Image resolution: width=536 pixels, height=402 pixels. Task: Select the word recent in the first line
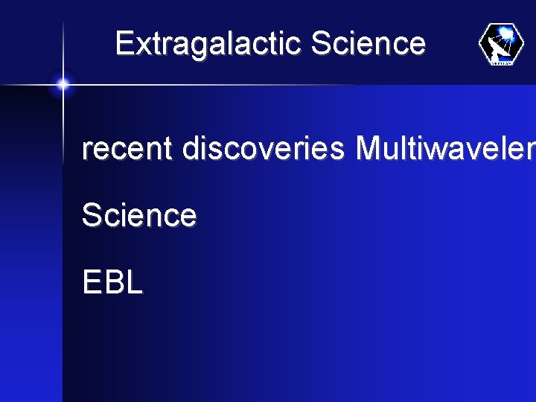pos(127,149)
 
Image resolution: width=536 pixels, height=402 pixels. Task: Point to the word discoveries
pos(264,149)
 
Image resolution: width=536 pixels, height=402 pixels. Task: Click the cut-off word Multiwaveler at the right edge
pos(445,149)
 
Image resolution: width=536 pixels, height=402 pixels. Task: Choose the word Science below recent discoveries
pos(139,215)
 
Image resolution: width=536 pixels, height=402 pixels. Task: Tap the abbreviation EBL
pos(112,283)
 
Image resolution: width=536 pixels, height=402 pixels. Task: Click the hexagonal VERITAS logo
pos(501,44)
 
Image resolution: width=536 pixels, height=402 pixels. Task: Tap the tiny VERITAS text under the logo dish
pos(502,63)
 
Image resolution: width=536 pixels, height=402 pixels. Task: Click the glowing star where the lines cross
pos(63,85)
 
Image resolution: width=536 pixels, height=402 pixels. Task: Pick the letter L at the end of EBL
pos(134,283)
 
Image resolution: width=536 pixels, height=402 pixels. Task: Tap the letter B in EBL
pos(112,283)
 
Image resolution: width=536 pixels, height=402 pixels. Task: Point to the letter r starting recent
pos(86,150)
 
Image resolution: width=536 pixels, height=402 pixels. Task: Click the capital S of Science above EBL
pos(92,215)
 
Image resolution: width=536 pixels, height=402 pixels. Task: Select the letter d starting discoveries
pos(191,149)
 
